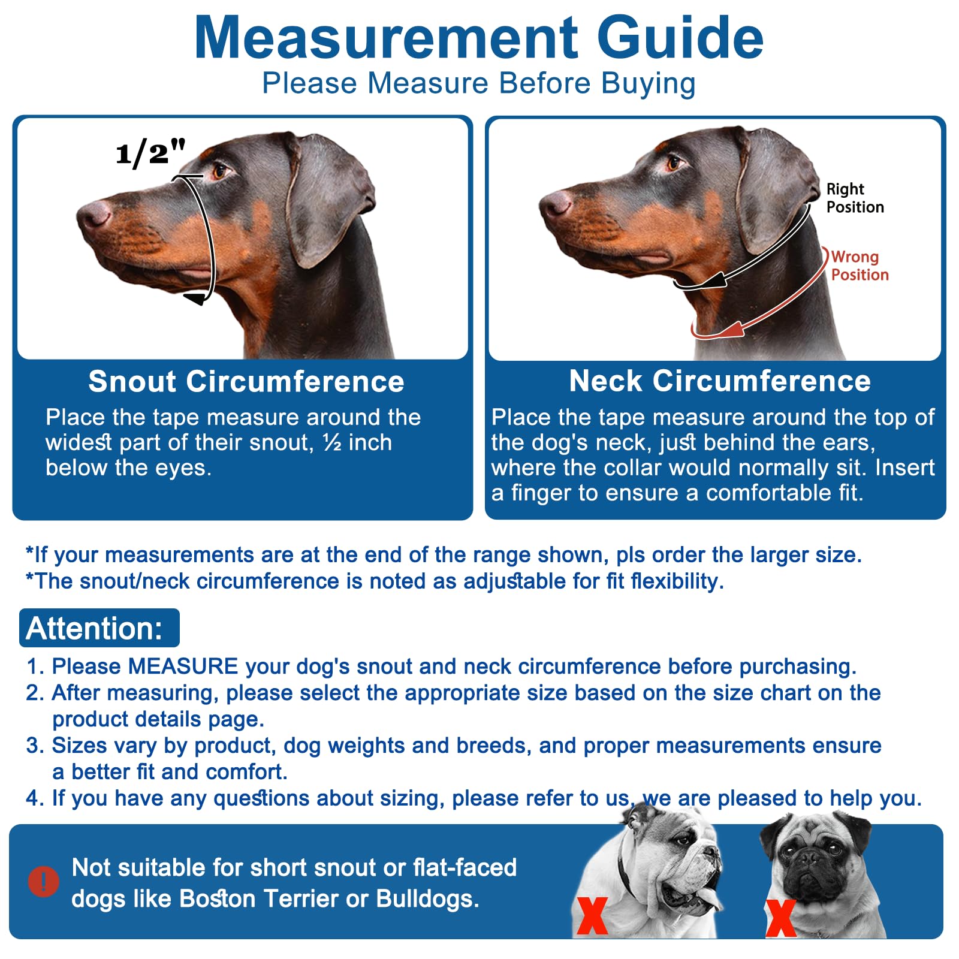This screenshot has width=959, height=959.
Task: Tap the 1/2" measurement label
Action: pos(150,152)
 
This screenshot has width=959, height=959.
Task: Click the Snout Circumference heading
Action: pos(246,381)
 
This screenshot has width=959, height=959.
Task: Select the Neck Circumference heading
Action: pos(719,381)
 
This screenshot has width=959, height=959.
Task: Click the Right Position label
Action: pos(854,198)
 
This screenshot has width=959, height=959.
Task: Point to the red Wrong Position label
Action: pos(859,266)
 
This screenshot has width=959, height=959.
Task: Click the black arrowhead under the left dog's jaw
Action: pos(195,298)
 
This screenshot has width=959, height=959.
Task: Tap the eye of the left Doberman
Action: pos(219,171)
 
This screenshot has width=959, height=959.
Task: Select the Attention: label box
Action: pos(99,628)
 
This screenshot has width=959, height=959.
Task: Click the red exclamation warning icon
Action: pos(43,881)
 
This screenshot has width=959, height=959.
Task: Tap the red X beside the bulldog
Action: pos(592,915)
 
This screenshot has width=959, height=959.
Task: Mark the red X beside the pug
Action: pos(780,918)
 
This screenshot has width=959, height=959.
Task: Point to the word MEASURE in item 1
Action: pos(183,667)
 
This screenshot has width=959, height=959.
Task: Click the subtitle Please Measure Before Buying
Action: pos(478,83)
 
